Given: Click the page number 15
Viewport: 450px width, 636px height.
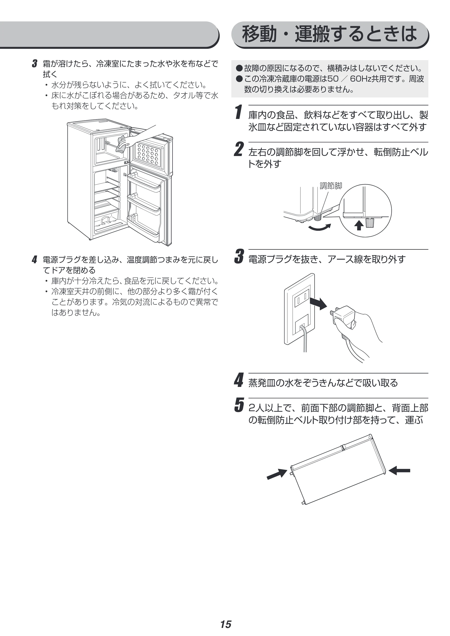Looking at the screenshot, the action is pyautogui.click(x=226, y=617).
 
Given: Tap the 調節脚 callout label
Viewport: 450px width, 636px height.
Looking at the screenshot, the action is pyautogui.click(x=331, y=186).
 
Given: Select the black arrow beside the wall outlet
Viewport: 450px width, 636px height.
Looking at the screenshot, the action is pyautogui.click(x=318, y=303).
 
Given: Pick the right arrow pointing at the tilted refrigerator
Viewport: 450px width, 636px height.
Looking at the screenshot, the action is pyautogui.click(x=399, y=470).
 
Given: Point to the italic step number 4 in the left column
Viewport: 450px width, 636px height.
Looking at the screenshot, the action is pyautogui.click(x=34, y=260).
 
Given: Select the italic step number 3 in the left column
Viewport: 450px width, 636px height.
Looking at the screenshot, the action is pyautogui.click(x=34, y=64).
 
